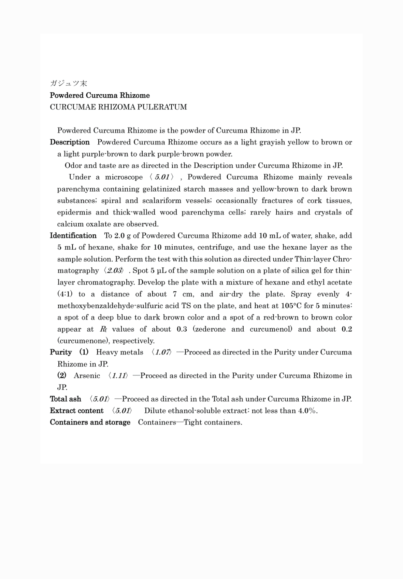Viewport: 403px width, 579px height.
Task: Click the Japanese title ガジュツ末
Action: pos(68,83)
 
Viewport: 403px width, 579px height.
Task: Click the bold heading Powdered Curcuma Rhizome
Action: pos(100,95)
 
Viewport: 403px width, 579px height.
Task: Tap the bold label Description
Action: pos(70,142)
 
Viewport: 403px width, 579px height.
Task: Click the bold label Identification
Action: pos(73,236)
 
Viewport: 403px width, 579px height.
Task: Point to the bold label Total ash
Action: pos(66,399)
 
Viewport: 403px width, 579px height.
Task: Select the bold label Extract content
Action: pos(76,411)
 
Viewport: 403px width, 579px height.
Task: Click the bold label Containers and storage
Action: pos(90,422)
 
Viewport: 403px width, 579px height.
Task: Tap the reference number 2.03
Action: pos(114,271)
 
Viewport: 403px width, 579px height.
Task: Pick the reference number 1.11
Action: pos(118,376)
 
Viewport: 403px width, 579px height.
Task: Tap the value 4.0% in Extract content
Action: pos(307,411)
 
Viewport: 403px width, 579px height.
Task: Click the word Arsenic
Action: pos(87,376)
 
